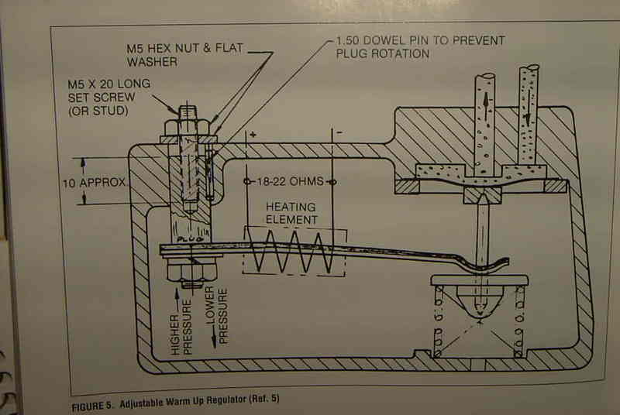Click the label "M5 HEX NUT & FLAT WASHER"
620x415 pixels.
point(185,55)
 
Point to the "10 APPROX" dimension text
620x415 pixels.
point(94,183)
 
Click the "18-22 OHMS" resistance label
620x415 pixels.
point(291,182)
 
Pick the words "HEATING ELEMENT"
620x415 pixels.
point(292,213)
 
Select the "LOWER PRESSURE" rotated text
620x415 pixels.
point(217,315)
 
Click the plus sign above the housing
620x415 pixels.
point(253,135)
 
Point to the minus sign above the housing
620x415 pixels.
point(339,132)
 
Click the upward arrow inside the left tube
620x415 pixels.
point(486,103)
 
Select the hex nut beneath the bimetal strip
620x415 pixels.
point(191,270)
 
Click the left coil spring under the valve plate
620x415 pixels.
point(439,321)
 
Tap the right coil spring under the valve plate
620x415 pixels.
point(519,321)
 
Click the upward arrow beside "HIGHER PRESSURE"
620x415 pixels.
point(177,300)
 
